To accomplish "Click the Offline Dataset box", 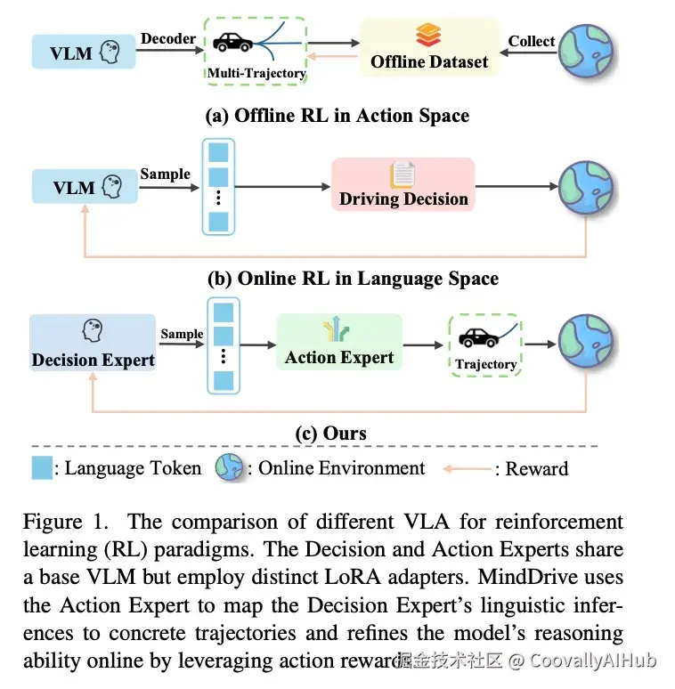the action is (429, 47).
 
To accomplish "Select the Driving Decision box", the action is (403, 184).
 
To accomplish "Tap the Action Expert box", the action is (338, 342).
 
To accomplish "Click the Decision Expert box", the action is (93, 343).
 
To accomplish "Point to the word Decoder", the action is (168, 38).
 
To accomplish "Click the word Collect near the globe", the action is (532, 41).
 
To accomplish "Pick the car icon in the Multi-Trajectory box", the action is (232, 43).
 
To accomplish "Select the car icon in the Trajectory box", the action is (478, 338).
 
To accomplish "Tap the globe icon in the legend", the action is (229, 467).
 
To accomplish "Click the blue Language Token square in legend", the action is (42, 467).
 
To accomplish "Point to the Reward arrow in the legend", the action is (467, 469).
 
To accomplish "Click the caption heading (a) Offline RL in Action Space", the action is (337, 116).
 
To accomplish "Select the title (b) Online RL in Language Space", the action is (353, 279).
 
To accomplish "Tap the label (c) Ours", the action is (330, 434).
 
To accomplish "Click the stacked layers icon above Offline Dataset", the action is (428, 35).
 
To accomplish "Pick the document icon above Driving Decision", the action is (403, 174).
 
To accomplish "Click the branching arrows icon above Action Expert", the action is (337, 328).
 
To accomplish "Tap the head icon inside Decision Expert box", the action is (93, 330).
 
